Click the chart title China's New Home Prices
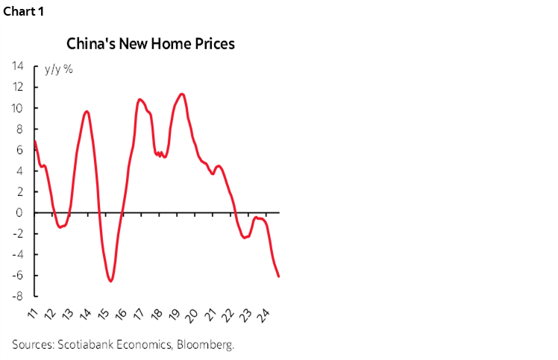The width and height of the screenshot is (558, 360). [x=151, y=44]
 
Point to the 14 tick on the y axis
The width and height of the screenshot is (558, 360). [x=17, y=66]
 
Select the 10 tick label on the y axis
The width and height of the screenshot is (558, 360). [x=17, y=108]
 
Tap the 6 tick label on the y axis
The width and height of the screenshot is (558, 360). [x=20, y=150]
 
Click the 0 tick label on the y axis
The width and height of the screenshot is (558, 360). [x=20, y=212]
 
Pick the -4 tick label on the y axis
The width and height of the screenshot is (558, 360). [x=18, y=254]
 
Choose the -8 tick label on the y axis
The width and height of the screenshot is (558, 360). [x=18, y=296]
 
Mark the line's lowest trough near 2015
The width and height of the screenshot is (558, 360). [x=110, y=281]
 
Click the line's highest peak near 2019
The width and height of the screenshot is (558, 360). [x=182, y=94]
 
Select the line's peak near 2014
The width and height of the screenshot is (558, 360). [x=87, y=111]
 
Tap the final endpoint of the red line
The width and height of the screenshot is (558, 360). [x=279, y=277]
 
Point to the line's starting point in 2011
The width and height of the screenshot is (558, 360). [x=35, y=141]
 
